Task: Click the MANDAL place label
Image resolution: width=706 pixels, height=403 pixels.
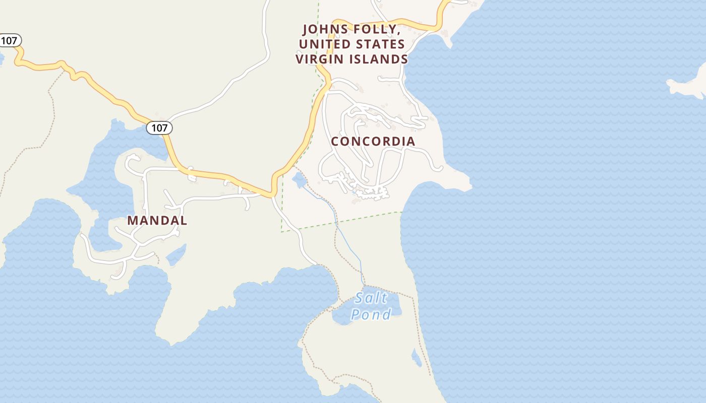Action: (157, 221)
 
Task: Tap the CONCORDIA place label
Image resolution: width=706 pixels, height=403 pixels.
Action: (373, 142)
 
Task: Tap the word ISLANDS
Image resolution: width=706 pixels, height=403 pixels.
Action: (379, 59)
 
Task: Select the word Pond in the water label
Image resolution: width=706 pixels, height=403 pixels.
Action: (371, 315)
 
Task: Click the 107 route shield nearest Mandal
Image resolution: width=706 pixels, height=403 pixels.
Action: (159, 128)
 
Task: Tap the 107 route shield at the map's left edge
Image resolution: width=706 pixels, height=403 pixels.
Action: (9, 40)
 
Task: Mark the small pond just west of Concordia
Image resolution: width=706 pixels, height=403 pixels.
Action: (299, 180)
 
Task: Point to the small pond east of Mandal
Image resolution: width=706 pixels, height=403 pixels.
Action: (176, 255)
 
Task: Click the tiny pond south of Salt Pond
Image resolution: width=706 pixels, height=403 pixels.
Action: (417, 359)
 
